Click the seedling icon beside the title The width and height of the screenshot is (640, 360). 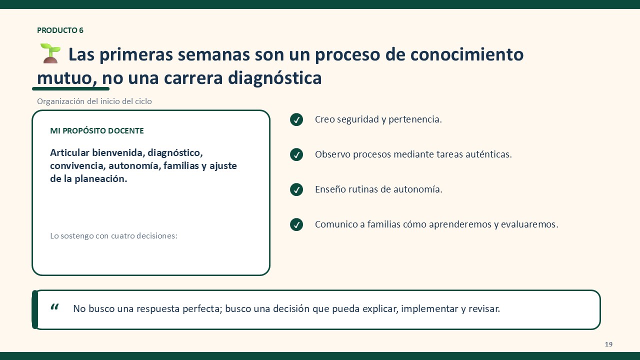(x=50, y=53)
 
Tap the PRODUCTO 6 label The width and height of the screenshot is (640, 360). (x=60, y=30)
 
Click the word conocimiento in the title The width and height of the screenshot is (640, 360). (x=467, y=54)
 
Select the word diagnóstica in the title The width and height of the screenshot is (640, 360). (x=274, y=77)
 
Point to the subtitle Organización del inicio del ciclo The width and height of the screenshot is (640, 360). (x=94, y=101)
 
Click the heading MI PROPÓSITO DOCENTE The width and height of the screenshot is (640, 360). (x=97, y=131)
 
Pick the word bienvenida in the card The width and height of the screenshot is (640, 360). (x=118, y=152)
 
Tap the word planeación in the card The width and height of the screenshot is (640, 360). (x=101, y=179)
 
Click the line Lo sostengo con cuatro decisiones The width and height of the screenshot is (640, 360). (x=113, y=235)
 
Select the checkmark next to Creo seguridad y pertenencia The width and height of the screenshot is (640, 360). (x=296, y=119)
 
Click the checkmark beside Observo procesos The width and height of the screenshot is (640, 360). (x=296, y=154)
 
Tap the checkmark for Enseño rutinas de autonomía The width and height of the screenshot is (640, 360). (x=296, y=189)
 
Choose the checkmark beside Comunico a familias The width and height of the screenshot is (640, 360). (x=296, y=224)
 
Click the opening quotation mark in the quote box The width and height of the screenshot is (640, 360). (x=54, y=307)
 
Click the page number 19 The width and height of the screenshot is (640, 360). (x=608, y=344)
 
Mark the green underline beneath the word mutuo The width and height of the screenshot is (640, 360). (x=71, y=89)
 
